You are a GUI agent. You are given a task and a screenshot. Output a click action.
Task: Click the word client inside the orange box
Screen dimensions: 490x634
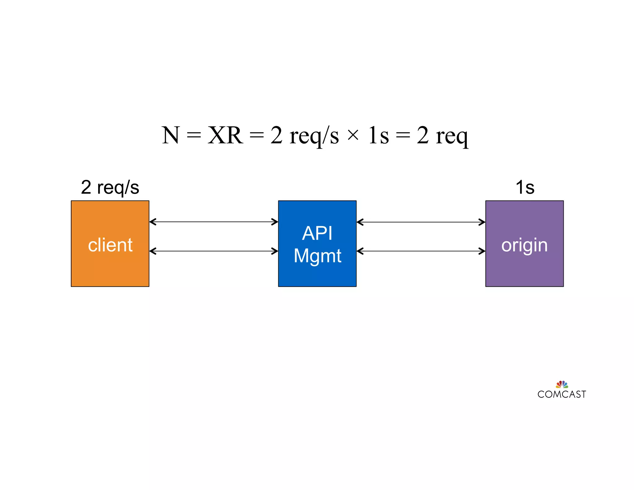click(x=110, y=245)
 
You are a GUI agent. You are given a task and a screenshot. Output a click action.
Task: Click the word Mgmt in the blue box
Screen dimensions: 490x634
click(x=317, y=256)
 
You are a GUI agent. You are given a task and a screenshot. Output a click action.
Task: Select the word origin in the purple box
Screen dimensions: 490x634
click(x=524, y=245)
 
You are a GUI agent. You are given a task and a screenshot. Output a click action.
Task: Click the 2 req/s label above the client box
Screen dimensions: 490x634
click(x=110, y=187)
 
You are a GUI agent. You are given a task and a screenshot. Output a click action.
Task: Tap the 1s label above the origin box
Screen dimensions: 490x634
click(x=525, y=187)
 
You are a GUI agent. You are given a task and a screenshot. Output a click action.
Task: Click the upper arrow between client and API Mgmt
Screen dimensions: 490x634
click(x=214, y=222)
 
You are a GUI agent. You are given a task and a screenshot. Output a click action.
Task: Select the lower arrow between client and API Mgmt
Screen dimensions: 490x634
click(x=214, y=251)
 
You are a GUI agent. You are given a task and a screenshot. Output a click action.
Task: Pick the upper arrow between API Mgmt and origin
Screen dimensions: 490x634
click(x=421, y=222)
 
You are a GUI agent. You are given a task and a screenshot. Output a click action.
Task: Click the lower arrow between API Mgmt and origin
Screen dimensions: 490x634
click(x=421, y=251)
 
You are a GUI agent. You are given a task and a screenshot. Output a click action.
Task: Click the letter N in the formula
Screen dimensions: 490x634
click(x=170, y=135)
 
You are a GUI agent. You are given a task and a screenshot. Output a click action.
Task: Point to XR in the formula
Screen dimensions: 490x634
click(x=225, y=135)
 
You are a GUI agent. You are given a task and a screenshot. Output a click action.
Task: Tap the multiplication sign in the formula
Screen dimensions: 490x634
click(x=353, y=135)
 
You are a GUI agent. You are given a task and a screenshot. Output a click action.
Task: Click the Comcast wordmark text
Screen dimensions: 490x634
click(x=562, y=394)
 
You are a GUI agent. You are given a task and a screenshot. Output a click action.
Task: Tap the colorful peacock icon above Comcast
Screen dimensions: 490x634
click(x=562, y=384)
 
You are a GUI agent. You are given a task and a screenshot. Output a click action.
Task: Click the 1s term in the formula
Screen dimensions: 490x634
click(x=378, y=135)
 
